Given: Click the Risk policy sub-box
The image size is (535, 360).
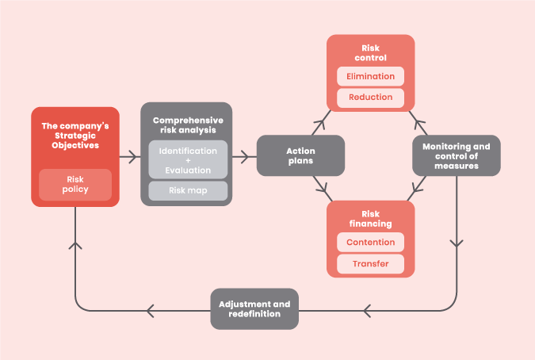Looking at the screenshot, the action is point(75,185).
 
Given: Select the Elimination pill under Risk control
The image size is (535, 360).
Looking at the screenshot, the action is point(371,76).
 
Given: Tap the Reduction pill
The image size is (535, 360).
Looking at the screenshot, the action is point(371,98).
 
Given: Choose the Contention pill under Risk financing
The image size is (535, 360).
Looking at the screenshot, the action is point(371,243).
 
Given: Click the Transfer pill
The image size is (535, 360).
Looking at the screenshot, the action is point(371,264).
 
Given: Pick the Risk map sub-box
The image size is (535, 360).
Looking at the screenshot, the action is point(188,191).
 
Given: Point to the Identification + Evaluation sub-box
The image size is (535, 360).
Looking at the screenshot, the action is point(188,159).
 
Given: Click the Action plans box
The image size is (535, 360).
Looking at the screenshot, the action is point(300,155).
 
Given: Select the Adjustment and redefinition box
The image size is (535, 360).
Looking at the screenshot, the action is point(254,308).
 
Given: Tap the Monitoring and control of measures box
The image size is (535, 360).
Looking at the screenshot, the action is point(457,155).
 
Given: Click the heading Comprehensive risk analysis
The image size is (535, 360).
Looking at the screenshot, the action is point(188,125).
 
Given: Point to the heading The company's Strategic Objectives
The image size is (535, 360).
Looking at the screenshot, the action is point(75,136).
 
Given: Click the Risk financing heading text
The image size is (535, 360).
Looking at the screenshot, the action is point(371,219).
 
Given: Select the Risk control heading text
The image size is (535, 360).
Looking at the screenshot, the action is point(371,53).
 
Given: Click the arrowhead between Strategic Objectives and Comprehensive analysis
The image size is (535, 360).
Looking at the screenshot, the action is point(133,157).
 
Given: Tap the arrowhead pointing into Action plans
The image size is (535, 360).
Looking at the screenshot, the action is point(244,157).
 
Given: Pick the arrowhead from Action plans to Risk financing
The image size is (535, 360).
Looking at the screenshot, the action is point(323,188).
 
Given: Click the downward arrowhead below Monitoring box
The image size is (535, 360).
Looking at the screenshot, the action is point(457,243).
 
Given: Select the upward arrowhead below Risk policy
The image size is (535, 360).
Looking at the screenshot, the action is point(75,246).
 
